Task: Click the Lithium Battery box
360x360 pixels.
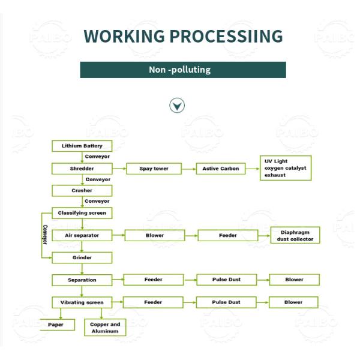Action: tap(82, 146)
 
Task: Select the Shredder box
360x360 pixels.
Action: tap(82, 169)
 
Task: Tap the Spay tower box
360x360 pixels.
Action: tap(154, 169)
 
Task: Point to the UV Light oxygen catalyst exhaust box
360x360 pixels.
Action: tap(285, 168)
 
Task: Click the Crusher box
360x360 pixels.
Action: tap(82, 190)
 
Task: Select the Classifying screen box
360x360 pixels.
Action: tap(82, 213)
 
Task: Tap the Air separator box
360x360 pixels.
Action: tap(82, 236)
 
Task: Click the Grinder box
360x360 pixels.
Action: tap(82, 257)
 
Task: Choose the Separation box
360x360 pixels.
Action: tap(82, 280)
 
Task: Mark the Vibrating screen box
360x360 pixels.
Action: tap(82, 302)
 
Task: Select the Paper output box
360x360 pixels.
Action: tap(56, 325)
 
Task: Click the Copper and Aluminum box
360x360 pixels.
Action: tap(105, 328)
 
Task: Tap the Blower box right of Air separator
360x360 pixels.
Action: tap(155, 236)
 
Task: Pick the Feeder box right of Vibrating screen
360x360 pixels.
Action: tap(153, 302)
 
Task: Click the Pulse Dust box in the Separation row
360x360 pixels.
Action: tap(226, 280)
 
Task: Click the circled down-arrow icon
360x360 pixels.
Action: tap(177, 106)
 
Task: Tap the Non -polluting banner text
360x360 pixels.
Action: tap(180, 70)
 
